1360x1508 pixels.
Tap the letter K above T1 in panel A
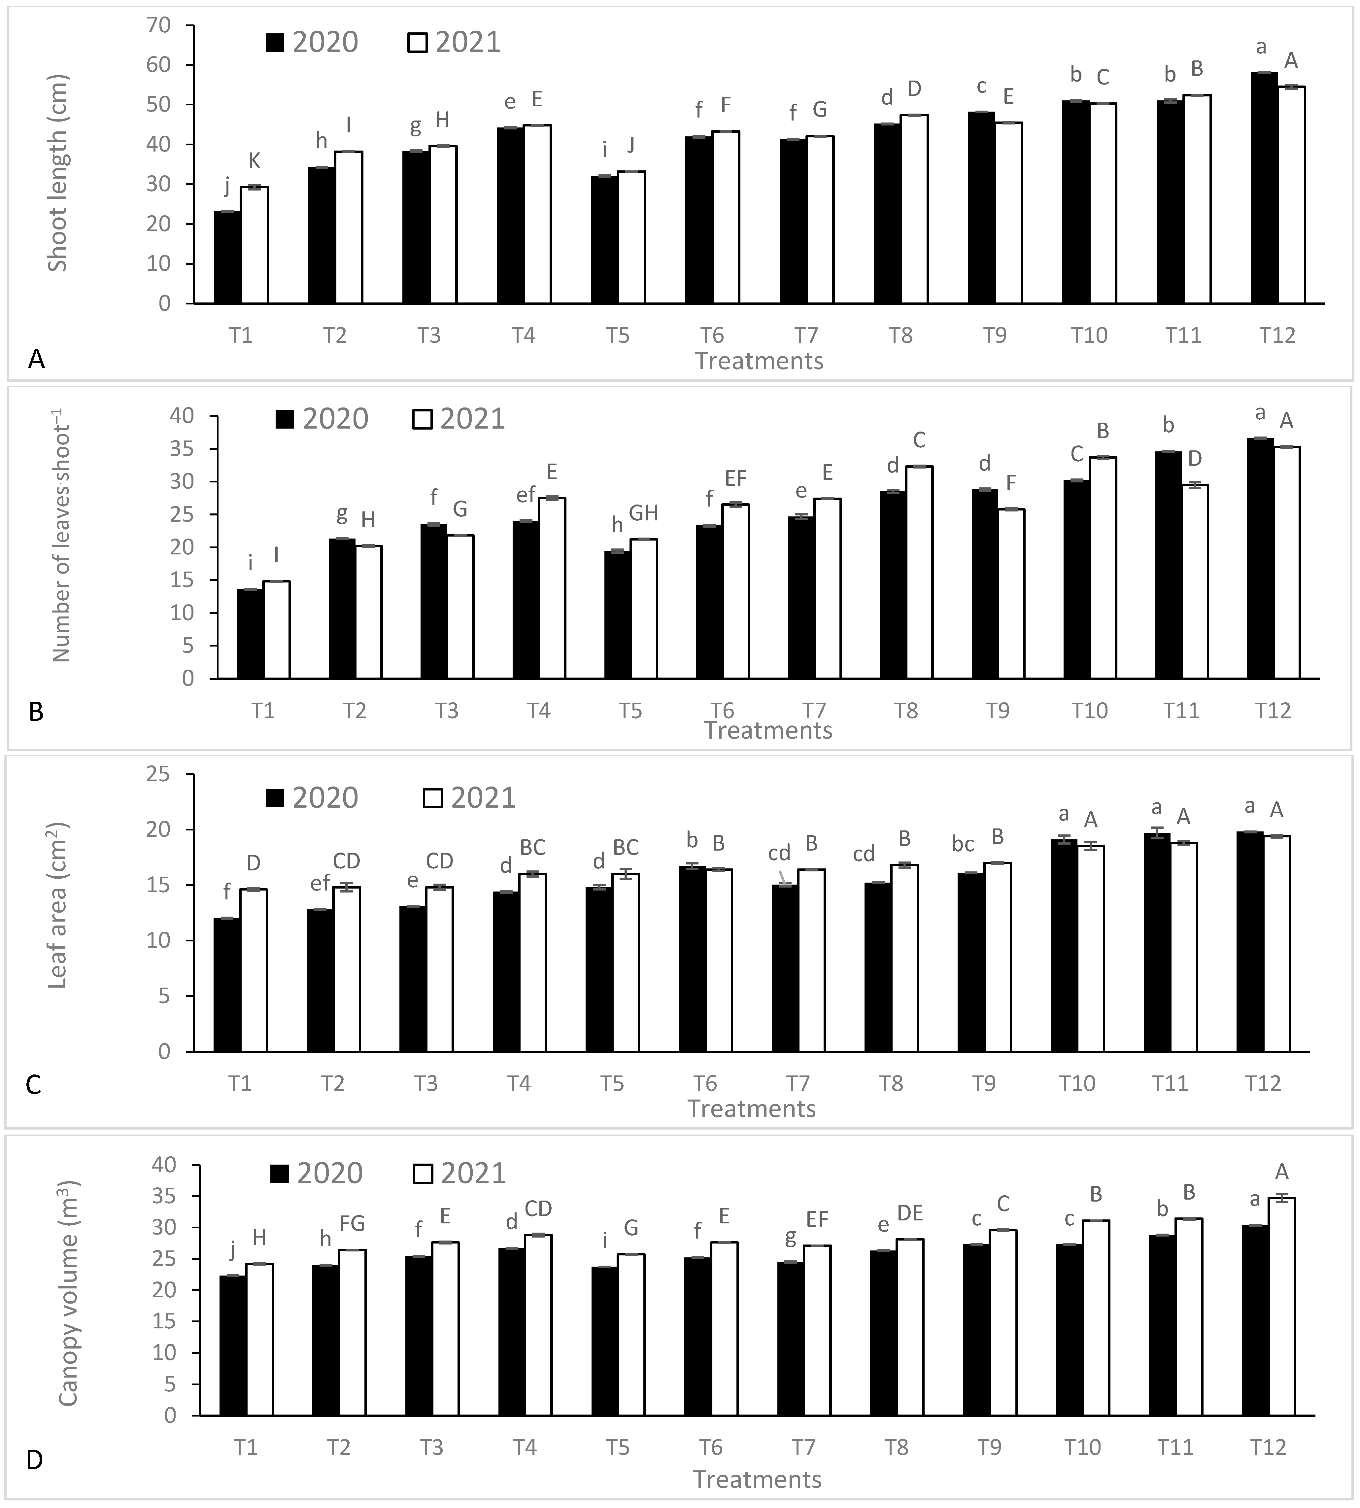254,161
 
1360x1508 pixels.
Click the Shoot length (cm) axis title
57,173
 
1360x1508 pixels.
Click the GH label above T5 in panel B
643,513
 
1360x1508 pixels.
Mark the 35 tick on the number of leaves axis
183,449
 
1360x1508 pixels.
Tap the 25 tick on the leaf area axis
158,775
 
